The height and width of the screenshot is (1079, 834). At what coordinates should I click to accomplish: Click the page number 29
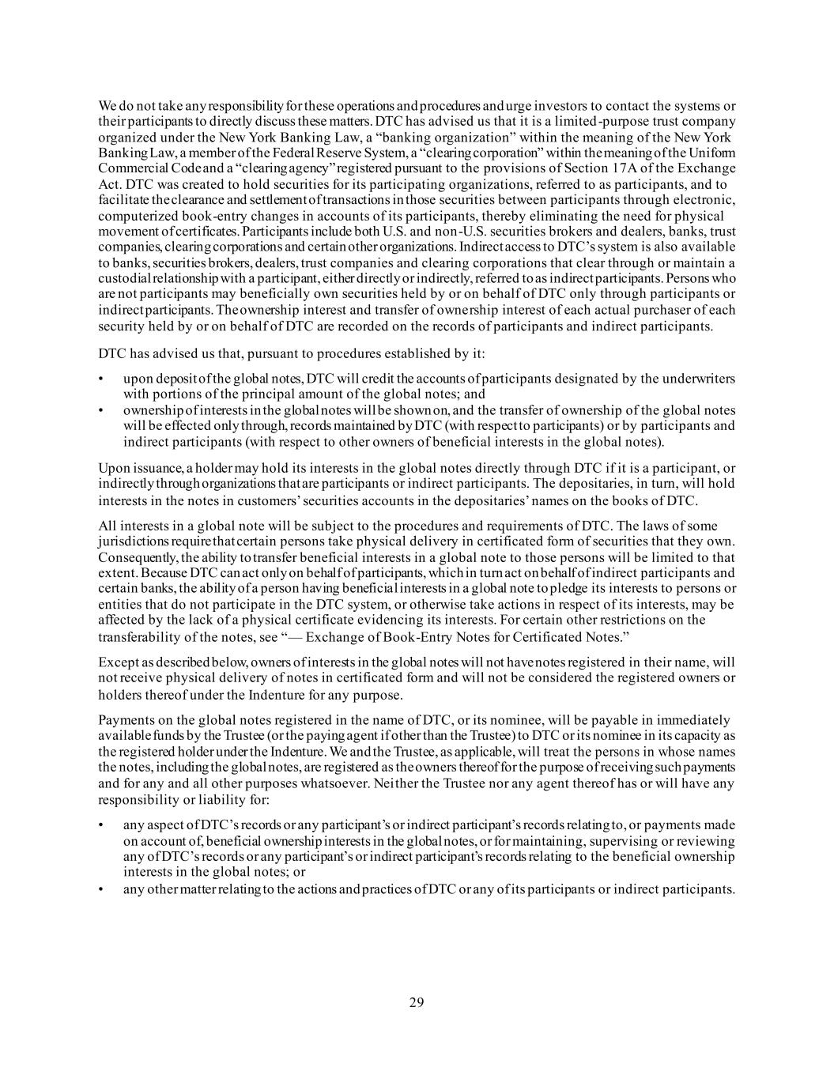point(417,1003)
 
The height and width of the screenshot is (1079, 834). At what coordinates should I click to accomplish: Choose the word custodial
point(124,278)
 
